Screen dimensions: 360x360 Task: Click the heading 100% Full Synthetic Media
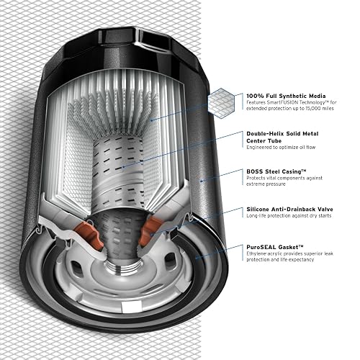pos(286,96)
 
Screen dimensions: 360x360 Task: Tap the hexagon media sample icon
pos(221,103)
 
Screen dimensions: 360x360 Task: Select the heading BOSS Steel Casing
pos(276,171)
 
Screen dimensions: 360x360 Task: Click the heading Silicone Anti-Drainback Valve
pos(289,210)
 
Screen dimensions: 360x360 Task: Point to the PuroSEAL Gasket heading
pos(275,247)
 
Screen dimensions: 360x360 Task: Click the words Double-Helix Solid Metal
pos(282,134)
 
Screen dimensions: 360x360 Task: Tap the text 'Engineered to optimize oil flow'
pos(281,147)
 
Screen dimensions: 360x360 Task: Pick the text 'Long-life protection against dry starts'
pos(289,215)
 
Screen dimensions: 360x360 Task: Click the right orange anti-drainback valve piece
pos(151,230)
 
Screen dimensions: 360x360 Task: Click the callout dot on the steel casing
pos(201,181)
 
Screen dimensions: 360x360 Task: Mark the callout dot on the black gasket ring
pos(197,258)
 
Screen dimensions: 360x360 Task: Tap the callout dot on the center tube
pos(123,167)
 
